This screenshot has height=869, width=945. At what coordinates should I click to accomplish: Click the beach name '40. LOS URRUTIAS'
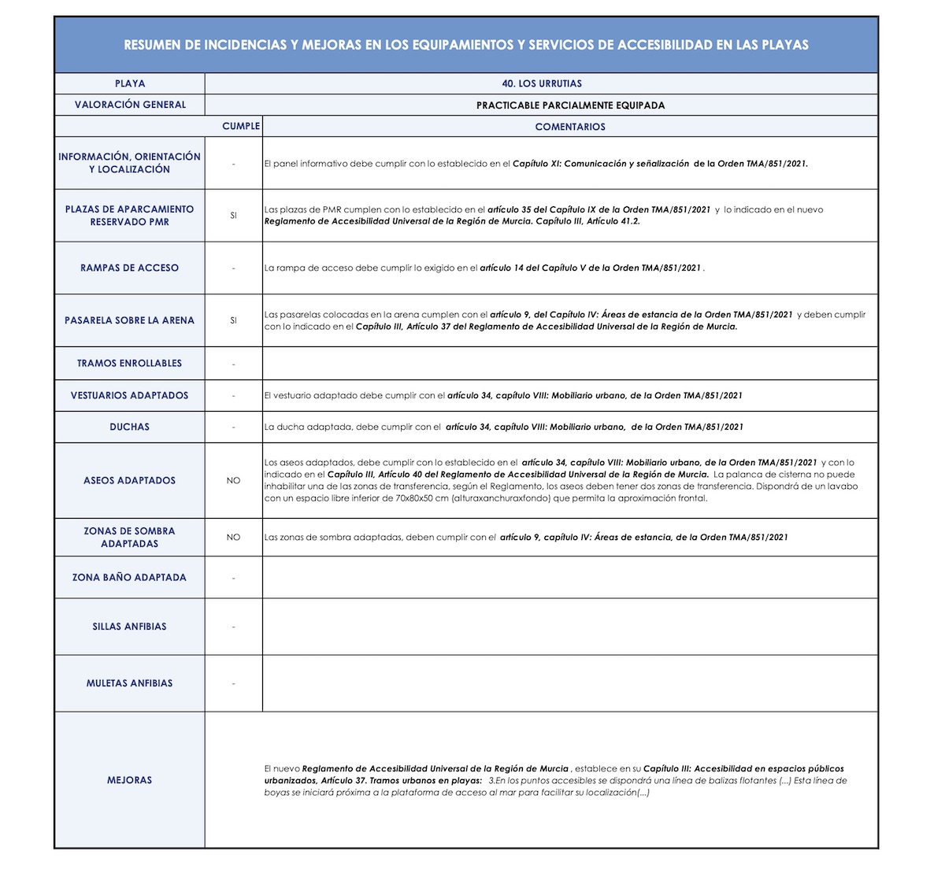tap(542, 83)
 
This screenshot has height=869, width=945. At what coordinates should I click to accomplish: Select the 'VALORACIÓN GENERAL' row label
tap(130, 105)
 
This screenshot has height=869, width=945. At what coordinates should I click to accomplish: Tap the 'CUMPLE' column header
tap(241, 126)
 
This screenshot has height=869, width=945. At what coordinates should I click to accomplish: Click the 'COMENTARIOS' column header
tap(570, 127)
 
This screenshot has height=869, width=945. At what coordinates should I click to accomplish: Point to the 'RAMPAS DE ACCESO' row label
tap(129, 268)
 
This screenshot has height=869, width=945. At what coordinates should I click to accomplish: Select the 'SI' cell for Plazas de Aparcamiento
tap(233, 216)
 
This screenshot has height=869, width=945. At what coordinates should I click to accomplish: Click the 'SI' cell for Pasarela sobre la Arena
tap(233, 320)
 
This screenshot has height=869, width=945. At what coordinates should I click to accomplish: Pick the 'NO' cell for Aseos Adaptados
tap(233, 480)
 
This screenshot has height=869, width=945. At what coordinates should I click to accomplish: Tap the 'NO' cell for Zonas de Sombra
tap(233, 537)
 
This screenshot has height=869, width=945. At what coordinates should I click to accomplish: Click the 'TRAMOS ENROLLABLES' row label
tap(129, 363)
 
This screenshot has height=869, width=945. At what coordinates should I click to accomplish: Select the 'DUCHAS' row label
tap(129, 427)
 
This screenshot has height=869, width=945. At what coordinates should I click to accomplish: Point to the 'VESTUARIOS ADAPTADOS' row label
tap(129, 395)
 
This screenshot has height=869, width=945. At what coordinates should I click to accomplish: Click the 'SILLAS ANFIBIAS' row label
tap(129, 627)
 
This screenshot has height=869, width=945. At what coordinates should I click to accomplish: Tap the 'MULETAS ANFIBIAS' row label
tap(129, 683)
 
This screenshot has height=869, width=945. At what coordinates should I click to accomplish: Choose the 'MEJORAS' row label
tap(129, 780)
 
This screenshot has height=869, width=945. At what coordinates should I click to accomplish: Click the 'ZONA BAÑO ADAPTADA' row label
tap(129, 577)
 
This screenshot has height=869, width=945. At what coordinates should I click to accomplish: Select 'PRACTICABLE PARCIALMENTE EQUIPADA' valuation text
tap(570, 105)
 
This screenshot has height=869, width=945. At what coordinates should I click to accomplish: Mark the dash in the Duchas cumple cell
tap(233, 427)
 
